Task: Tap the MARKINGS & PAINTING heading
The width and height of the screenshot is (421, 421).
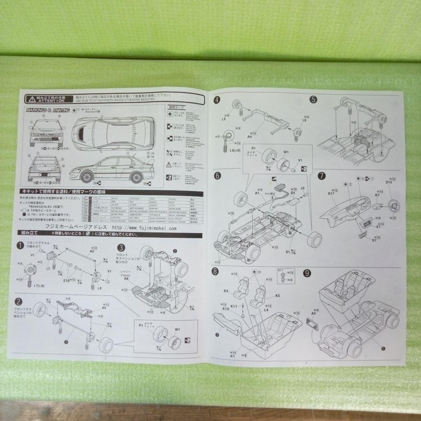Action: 48,110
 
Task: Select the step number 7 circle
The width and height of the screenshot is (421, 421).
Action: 322,176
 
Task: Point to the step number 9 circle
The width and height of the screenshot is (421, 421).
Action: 307,273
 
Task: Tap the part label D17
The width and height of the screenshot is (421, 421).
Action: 331,193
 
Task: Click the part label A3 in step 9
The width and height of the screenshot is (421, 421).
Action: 313,313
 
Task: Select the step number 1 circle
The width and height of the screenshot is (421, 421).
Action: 19,246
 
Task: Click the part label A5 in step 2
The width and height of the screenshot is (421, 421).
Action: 104,308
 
